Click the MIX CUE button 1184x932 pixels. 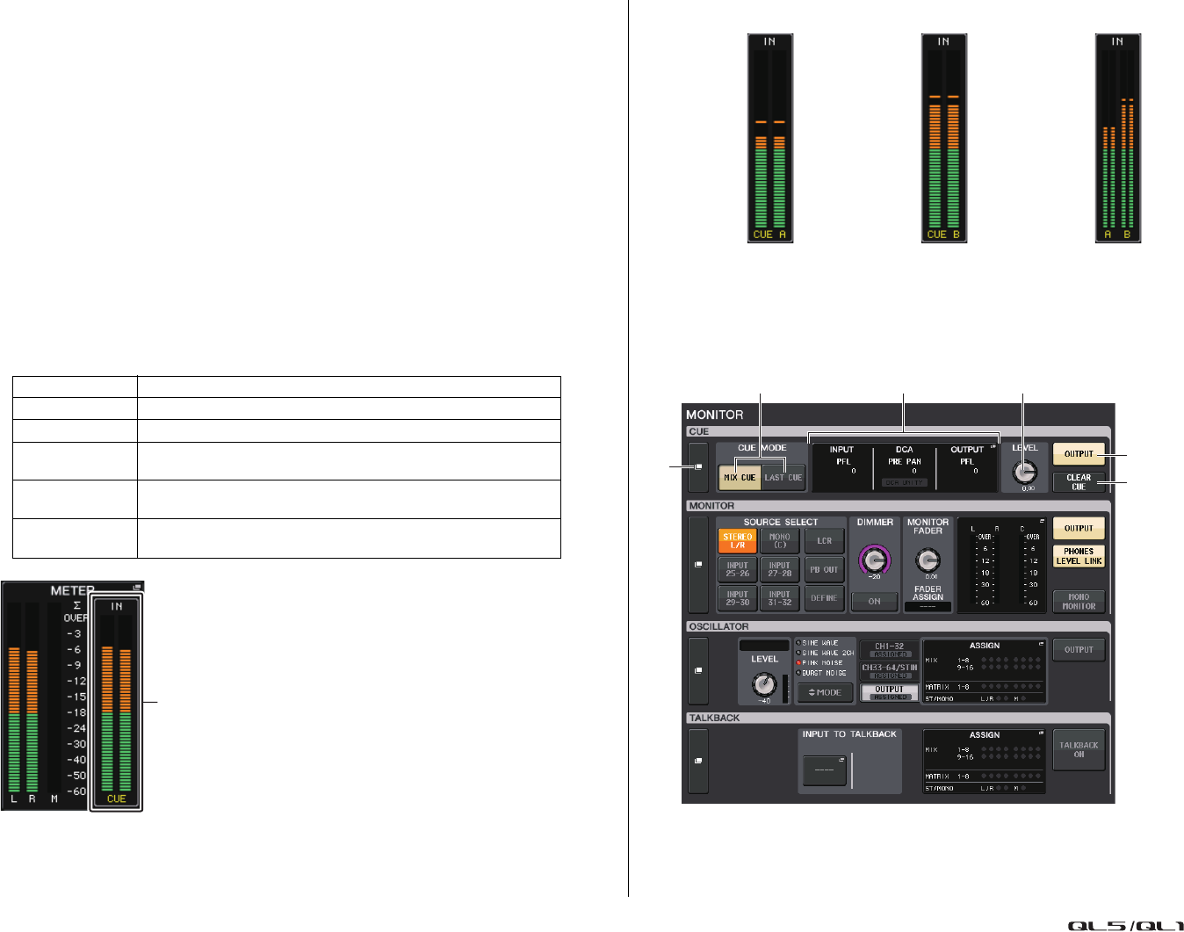tap(740, 477)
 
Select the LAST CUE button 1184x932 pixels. tap(783, 477)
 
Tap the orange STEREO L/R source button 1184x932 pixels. tap(737, 541)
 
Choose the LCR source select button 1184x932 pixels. tap(824, 541)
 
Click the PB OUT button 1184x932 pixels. tap(824, 569)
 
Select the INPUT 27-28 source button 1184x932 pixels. tap(779, 569)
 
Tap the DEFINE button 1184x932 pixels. tap(824, 598)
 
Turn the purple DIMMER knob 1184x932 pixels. tap(874, 559)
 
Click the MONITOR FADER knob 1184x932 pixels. tap(928, 560)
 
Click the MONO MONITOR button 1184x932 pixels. tap(1079, 602)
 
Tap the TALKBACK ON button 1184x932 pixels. tap(1079, 749)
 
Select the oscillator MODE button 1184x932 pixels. tap(824, 693)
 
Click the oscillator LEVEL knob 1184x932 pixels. tap(764, 684)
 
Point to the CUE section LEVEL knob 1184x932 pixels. tap(1024, 472)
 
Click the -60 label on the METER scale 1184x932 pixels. tap(78, 791)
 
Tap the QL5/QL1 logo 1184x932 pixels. tap(1124, 925)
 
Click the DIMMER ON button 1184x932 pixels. tap(874, 602)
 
